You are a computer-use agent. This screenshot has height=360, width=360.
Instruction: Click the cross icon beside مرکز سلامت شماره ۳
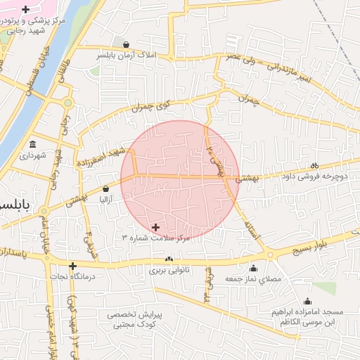[x=155, y=227]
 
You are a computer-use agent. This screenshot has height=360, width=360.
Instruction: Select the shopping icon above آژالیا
[x=105, y=188]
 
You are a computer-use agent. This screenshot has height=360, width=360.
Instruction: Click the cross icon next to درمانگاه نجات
[x=73, y=266]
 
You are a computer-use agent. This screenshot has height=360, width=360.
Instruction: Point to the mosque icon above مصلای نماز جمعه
[x=253, y=268]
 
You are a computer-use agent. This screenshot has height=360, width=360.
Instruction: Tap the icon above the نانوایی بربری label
[x=169, y=260]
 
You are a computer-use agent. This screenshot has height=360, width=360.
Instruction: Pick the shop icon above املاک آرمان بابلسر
[x=126, y=44]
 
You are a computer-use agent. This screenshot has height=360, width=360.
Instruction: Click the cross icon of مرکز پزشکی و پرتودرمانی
[x=26, y=10]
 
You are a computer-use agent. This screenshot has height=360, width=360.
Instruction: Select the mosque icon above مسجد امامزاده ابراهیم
[x=304, y=300]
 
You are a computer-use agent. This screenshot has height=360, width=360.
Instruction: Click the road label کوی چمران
[x=152, y=106]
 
